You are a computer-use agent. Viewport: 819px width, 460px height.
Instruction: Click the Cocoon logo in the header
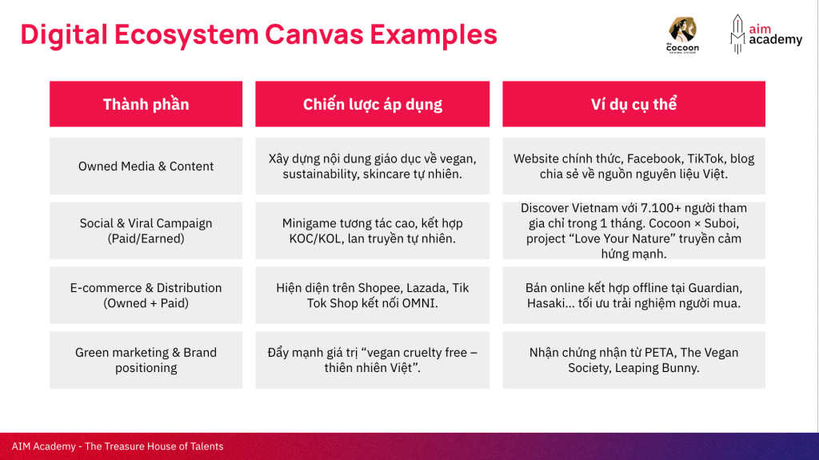[683, 35]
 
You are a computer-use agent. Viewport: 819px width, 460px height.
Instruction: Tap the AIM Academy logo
[765, 34]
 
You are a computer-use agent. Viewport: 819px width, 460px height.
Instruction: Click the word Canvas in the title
[314, 34]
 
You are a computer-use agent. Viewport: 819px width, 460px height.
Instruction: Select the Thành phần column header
[146, 104]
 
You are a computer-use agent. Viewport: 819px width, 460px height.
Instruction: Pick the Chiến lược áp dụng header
[373, 104]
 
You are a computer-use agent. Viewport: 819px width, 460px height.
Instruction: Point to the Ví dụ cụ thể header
[633, 104]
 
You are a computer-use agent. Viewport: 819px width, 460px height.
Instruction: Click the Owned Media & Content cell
[146, 166]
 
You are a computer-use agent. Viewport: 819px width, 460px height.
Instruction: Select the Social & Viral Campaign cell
[146, 230]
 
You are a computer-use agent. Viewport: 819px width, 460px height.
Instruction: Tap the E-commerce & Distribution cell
[146, 295]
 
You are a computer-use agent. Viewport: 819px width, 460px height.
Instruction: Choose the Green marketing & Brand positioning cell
[146, 360]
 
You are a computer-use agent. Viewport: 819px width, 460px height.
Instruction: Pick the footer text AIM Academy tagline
[118, 446]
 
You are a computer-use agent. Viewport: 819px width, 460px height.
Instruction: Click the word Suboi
[721, 224]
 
